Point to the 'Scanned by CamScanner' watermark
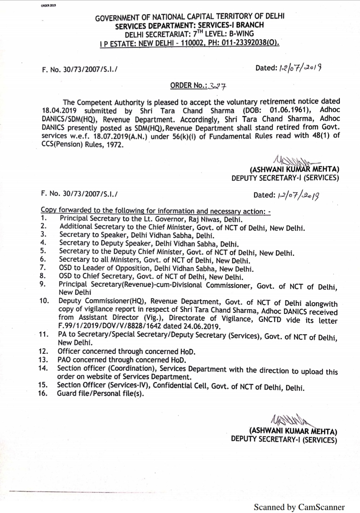[x=299, y=507]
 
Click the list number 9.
[x=43, y=284]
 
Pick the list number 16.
[x=42, y=393]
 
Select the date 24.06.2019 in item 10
[x=205, y=327]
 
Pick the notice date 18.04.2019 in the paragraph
[x=59, y=111]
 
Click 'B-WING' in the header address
[x=241, y=34]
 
